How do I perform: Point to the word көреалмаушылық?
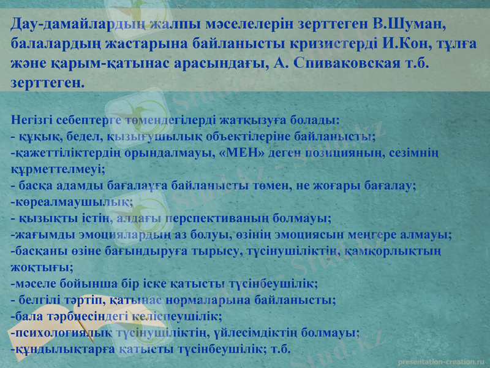click(72, 201)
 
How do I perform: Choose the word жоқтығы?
click(41, 267)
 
